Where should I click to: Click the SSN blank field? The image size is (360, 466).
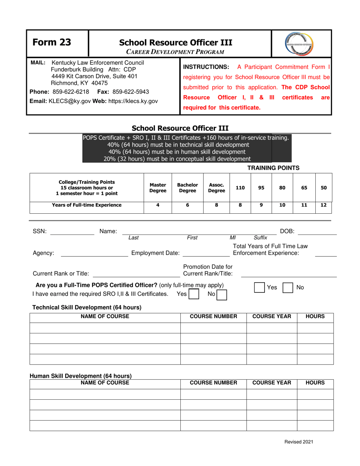coord(72,231)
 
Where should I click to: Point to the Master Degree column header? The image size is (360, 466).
coord(158,187)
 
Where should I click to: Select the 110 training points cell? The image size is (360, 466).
coord(240,187)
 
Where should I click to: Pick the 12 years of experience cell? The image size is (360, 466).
coord(324,205)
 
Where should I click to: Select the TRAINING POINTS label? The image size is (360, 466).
coord(274,167)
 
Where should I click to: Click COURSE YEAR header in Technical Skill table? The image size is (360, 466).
coord(272,316)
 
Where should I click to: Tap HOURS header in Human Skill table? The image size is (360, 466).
coord(315,383)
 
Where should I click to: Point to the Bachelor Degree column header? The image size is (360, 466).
coord(188,187)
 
